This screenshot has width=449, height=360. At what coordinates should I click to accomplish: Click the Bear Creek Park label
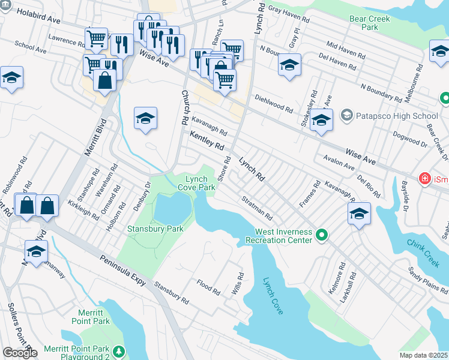(370, 23)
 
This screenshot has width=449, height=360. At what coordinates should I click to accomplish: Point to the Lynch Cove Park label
(196, 183)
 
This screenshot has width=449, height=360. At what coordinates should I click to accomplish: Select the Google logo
(20, 352)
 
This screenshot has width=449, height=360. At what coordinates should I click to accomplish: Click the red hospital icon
(424, 178)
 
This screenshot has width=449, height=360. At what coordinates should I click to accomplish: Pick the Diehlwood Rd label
(273, 103)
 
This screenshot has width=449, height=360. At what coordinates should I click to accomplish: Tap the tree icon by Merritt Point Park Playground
(119, 350)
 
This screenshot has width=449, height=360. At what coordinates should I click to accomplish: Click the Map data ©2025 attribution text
(424, 355)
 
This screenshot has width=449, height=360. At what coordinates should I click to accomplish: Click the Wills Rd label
(238, 284)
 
